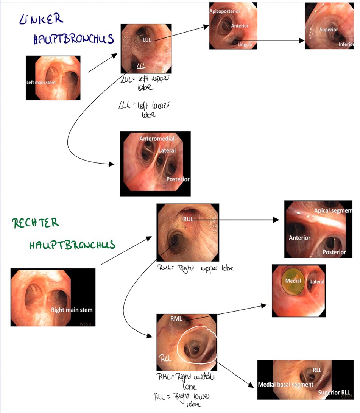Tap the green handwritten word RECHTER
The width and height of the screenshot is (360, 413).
coord(36,223)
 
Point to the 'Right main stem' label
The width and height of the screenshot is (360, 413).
coord(72,310)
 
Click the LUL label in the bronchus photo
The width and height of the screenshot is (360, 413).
coord(147,39)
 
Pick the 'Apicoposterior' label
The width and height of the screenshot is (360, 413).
coord(224,12)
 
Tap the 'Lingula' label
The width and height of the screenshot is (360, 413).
coord(245,44)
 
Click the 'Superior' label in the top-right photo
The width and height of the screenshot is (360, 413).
coord(328,29)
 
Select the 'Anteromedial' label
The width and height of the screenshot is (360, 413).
coord(157,139)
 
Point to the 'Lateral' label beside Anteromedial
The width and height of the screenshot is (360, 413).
coord(167,150)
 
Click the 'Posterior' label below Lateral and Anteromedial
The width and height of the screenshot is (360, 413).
coord(178,179)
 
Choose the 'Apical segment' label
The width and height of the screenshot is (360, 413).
coord(333,210)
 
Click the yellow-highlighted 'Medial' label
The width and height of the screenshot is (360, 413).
coord(293,281)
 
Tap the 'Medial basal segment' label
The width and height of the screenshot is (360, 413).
coord(285,384)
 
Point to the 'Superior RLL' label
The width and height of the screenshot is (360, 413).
coord(334,392)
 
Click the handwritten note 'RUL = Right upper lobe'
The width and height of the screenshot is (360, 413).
coord(196,268)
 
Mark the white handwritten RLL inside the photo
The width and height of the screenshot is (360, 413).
coord(165,358)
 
